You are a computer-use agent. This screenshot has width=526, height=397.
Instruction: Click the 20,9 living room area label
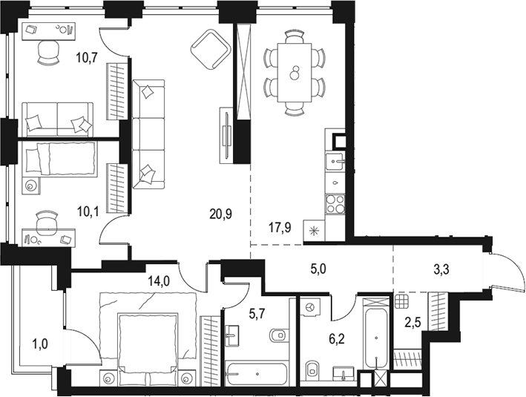[x=220, y=214]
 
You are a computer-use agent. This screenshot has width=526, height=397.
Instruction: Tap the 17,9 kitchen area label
[x=280, y=228]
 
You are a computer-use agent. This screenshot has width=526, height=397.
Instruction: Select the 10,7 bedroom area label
[x=87, y=58]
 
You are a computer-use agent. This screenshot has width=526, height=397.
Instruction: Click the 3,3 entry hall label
[x=441, y=269]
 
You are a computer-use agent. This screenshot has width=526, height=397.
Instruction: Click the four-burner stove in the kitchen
[x=335, y=204]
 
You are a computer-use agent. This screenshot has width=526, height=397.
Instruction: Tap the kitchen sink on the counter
[x=335, y=161]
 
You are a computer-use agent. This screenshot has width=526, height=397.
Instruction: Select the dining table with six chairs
[x=295, y=73]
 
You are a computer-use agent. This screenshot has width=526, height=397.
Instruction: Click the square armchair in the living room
[x=210, y=49]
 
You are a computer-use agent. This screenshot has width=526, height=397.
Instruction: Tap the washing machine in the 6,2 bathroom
[x=311, y=307]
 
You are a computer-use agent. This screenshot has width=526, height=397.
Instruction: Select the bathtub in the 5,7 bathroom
[x=257, y=373]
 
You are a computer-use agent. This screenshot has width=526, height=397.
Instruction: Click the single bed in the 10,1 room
[x=59, y=158]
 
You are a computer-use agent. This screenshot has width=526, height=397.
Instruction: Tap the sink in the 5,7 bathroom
[x=232, y=335]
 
